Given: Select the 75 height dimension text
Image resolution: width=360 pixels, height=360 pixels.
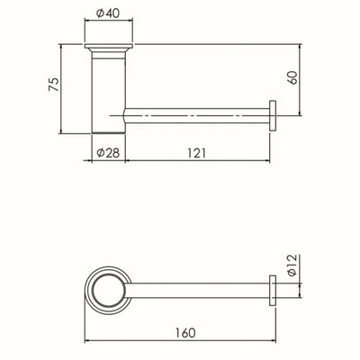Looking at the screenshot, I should click(53, 85).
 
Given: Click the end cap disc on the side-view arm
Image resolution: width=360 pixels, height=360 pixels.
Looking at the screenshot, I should click(272, 115).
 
